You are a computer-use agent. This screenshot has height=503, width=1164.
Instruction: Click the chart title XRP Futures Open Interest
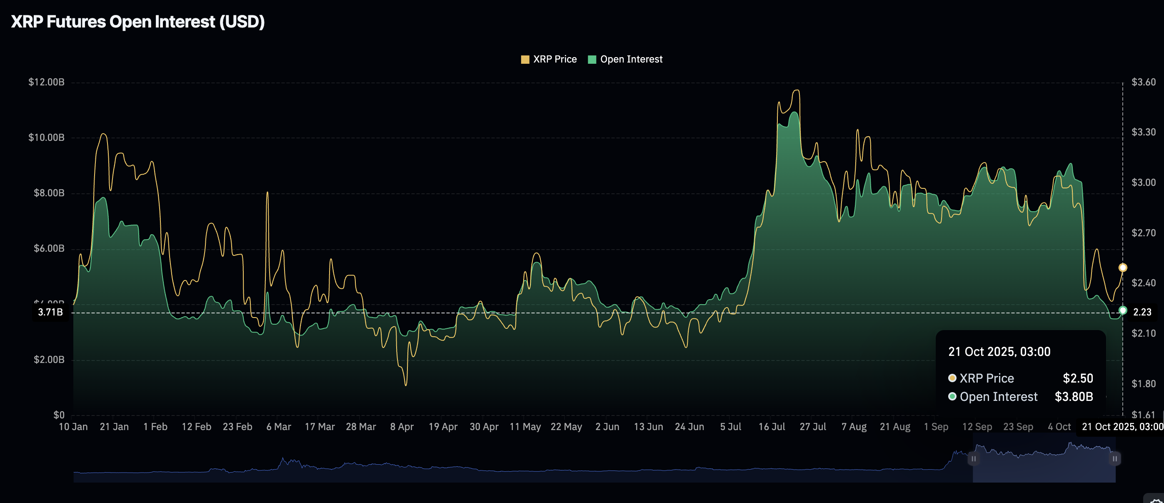tap(137, 22)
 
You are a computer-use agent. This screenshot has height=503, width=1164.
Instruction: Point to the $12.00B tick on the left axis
tap(46, 82)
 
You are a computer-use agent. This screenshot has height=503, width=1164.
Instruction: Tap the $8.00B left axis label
tap(49, 193)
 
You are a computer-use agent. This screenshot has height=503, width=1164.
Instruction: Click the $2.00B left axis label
tap(49, 360)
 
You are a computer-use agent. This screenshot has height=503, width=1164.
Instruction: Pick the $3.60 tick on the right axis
tap(1143, 82)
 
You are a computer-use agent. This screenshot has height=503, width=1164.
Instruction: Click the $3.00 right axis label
tap(1143, 183)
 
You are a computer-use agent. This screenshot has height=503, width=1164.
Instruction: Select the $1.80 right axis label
tap(1143, 384)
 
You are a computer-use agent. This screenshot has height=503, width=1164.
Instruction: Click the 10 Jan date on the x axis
tap(73, 427)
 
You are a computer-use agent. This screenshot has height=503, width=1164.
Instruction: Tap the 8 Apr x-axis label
tap(402, 427)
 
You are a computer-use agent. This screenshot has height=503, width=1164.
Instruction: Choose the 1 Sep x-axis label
tap(936, 427)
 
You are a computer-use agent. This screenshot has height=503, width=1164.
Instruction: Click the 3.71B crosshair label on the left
tap(50, 312)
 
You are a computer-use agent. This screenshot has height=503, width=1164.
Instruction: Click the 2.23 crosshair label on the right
tap(1142, 312)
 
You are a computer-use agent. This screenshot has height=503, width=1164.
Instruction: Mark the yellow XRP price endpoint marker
tap(1122, 268)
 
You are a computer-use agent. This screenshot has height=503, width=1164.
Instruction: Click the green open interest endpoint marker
tap(1122, 310)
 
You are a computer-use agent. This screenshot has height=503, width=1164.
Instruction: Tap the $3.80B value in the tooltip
tap(1074, 397)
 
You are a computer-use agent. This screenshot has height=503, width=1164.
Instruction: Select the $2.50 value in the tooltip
tap(1078, 378)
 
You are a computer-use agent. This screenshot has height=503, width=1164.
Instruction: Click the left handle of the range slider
tap(973, 459)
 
